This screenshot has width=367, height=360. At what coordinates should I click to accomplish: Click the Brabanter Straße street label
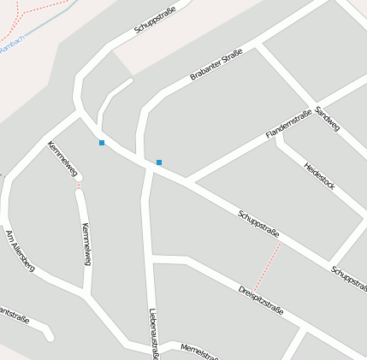216,64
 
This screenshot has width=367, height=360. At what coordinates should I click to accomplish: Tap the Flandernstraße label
287,125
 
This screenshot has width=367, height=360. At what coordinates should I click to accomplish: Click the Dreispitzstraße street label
261,298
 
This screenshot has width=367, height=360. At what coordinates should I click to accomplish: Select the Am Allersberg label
19,250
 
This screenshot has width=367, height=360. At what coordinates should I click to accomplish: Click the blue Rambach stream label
10,49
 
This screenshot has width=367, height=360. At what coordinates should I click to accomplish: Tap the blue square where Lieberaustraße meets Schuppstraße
158,162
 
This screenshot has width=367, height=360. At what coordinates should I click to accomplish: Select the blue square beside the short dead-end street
102,142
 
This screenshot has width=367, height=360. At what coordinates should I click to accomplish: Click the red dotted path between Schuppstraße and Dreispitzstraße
267,267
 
